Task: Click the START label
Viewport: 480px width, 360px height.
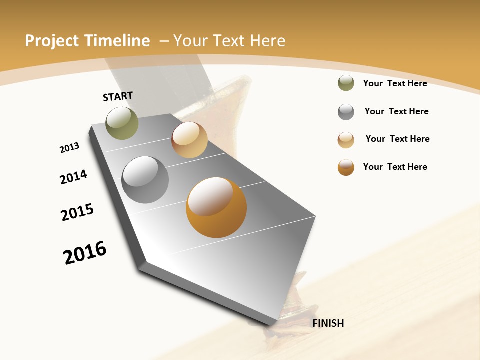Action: (x=118, y=96)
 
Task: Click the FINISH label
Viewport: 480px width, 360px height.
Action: (x=328, y=323)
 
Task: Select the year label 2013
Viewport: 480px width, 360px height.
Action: (x=69, y=148)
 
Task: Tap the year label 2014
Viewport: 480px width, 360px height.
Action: (x=74, y=177)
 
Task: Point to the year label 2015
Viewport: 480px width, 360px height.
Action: (x=77, y=212)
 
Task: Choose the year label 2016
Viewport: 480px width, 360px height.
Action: (x=85, y=253)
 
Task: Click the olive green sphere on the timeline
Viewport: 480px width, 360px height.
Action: (x=122, y=123)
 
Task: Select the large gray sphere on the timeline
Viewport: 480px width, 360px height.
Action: (x=145, y=180)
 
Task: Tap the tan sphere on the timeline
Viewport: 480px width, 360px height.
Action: (x=189, y=140)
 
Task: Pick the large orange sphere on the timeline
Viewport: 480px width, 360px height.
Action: (x=216, y=207)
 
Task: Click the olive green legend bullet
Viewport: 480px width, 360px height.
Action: (x=346, y=83)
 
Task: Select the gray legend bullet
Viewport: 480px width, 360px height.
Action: (x=346, y=112)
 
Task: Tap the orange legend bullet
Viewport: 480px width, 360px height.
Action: (x=346, y=167)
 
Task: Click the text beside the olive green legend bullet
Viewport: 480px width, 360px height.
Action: (x=395, y=83)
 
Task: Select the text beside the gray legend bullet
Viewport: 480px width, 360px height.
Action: (x=396, y=111)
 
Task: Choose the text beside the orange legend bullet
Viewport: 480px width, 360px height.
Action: (x=395, y=167)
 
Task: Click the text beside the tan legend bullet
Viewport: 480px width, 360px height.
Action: (x=397, y=139)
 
